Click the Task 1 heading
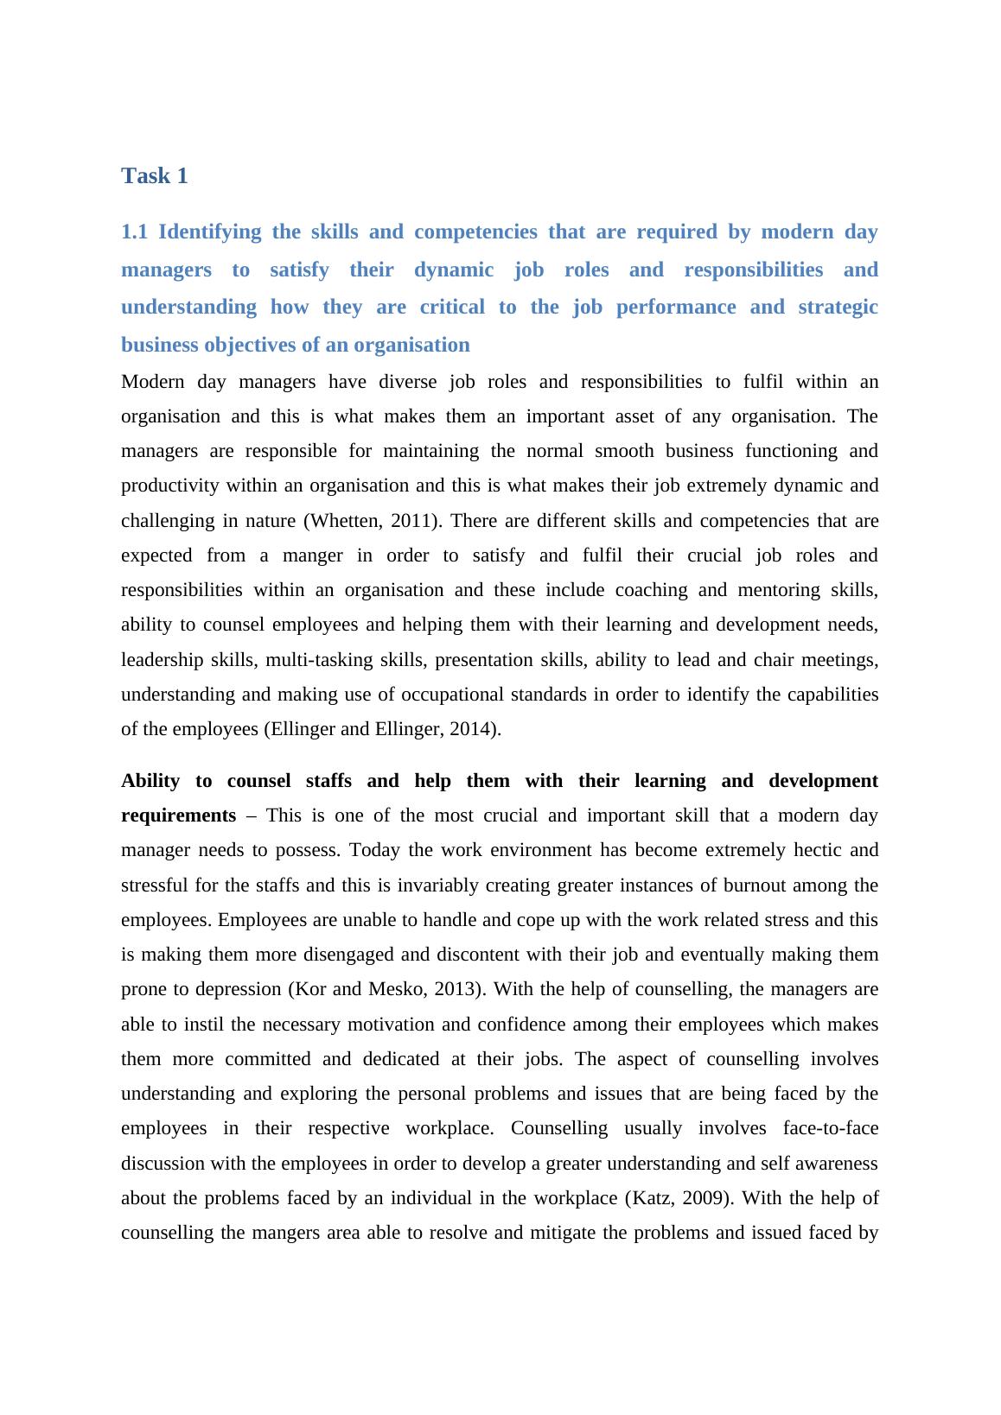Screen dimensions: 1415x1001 pyautogui.click(x=155, y=176)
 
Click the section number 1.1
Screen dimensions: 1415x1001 pyautogui.click(x=134, y=232)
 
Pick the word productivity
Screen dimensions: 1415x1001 pyautogui.click(x=169, y=485)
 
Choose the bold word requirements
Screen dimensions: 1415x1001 pyautogui.click(x=178, y=815)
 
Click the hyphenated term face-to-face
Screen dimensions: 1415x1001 pyautogui.click(x=830, y=1128)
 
